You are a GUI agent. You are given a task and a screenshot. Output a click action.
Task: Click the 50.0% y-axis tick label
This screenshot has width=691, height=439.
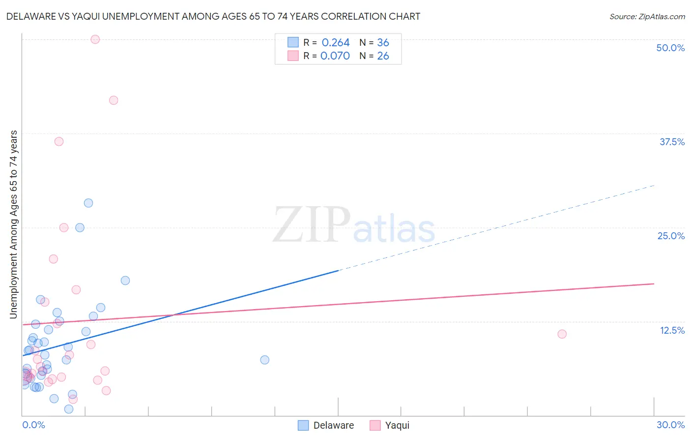670,48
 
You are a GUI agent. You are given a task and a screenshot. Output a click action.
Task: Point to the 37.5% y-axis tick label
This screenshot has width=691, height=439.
672,142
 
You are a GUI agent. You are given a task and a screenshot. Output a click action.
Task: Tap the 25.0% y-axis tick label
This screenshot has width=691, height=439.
671,236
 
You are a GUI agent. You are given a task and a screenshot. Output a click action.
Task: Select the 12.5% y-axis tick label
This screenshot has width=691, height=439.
672,330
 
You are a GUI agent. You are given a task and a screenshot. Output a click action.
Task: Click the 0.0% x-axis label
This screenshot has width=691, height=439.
33,425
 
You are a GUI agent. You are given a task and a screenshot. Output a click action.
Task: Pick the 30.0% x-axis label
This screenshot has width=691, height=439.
670,425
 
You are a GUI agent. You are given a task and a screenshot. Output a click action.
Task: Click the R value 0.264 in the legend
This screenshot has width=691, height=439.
336,43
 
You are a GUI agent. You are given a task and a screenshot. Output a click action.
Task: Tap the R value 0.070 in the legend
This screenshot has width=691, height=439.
335,56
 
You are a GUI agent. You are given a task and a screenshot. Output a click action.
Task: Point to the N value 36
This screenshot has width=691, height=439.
383,43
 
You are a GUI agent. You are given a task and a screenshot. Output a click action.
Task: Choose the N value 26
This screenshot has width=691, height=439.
383,56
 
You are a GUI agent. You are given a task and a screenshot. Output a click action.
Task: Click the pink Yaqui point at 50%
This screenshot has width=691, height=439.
95,39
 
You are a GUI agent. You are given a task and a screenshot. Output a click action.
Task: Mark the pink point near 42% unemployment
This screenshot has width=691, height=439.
114,100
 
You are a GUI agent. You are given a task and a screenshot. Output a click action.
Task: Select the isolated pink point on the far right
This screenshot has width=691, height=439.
562,334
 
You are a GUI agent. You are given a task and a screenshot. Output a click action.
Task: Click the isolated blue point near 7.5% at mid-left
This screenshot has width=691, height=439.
264,360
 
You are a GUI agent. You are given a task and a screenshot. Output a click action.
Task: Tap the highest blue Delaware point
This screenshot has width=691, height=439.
88,203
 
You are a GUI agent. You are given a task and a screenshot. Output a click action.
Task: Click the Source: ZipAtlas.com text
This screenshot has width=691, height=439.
647,17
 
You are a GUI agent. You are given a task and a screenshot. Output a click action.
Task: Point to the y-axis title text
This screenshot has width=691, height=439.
13,224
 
